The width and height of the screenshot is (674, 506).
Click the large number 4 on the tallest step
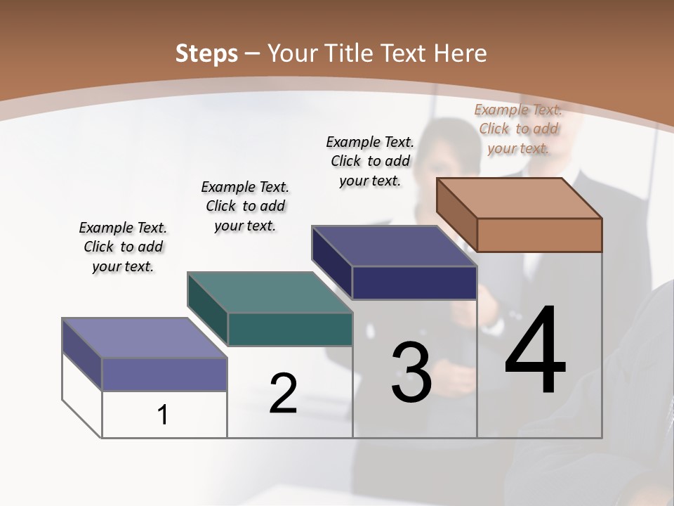click(x=535, y=351)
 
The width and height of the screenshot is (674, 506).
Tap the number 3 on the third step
click(x=411, y=372)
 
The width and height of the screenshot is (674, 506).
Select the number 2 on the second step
click(x=283, y=394)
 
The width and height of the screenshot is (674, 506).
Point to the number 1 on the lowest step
click(x=163, y=415)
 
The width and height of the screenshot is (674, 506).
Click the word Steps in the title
click(x=206, y=53)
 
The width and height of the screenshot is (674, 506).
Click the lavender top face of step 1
click(x=145, y=338)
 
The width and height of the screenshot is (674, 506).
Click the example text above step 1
click(x=123, y=247)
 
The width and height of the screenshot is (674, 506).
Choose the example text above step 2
click(x=245, y=206)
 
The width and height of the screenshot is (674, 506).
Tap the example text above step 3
click(x=370, y=161)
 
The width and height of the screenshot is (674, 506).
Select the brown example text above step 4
click(x=518, y=129)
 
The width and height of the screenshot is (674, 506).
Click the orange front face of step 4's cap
click(x=539, y=235)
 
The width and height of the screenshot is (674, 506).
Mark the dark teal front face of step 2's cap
click(x=290, y=329)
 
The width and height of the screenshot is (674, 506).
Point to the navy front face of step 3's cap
click(x=414, y=283)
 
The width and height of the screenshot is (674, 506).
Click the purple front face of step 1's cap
click(x=164, y=374)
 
